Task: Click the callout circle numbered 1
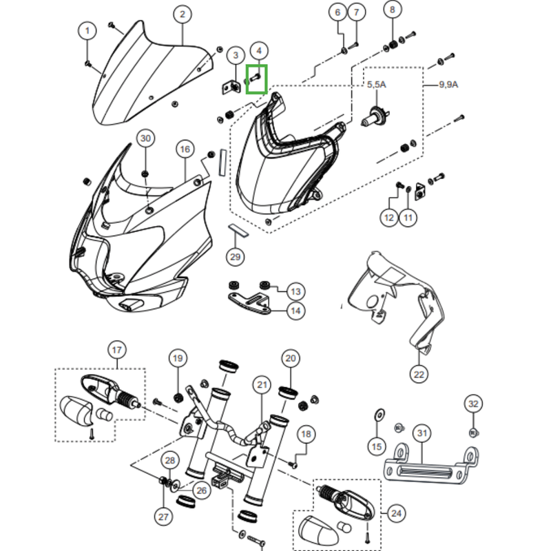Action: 87,30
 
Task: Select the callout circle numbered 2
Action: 182,14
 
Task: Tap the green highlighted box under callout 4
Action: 256,78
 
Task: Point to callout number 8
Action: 393,10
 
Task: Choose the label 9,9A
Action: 449,84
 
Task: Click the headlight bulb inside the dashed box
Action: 374,118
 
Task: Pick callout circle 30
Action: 145,138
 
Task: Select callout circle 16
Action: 185,149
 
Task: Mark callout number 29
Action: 236,257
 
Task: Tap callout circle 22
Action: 419,374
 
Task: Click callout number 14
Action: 295,311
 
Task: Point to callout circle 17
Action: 116,350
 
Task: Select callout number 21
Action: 262,384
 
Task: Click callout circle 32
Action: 472,403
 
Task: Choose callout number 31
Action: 422,433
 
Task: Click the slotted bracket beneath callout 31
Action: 430,466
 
